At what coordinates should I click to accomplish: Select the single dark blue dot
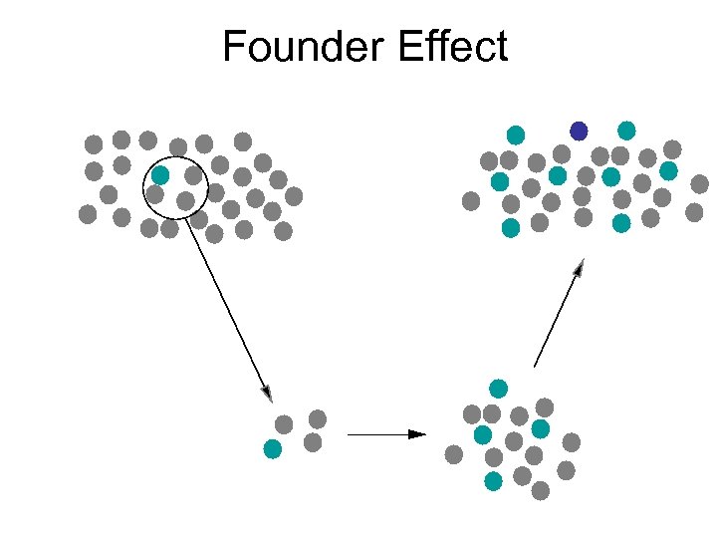579,131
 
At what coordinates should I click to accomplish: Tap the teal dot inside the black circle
159,175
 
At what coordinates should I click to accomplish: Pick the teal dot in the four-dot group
272,448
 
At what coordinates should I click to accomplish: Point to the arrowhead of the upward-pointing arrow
580,266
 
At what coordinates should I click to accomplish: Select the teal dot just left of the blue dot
516,134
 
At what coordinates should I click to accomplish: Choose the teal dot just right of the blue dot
626,131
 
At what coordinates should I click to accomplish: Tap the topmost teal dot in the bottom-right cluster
498,388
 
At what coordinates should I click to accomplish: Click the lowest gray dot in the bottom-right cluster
541,491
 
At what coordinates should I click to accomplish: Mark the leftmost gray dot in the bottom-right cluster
454,454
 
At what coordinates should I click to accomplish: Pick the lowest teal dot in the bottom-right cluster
493,481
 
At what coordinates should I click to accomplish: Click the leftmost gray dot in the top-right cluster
471,201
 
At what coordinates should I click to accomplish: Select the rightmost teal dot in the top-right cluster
668,171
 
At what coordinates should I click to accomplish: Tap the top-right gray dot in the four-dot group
318,419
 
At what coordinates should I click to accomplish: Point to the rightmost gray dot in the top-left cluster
294,196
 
